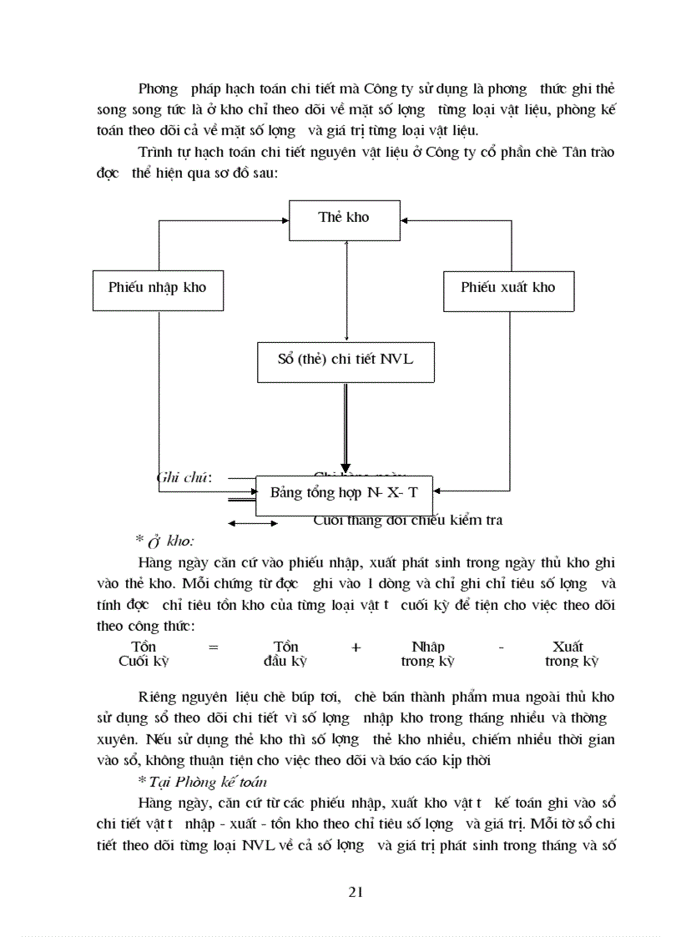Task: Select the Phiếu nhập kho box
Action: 158,288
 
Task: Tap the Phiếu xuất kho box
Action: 508,288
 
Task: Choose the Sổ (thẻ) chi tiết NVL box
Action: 345,360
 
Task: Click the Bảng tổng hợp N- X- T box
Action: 345,493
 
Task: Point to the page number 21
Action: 355,892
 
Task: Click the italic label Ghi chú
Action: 184,478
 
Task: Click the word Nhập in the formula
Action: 428,647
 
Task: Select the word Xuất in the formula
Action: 567,647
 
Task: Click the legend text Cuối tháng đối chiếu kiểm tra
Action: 408,521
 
